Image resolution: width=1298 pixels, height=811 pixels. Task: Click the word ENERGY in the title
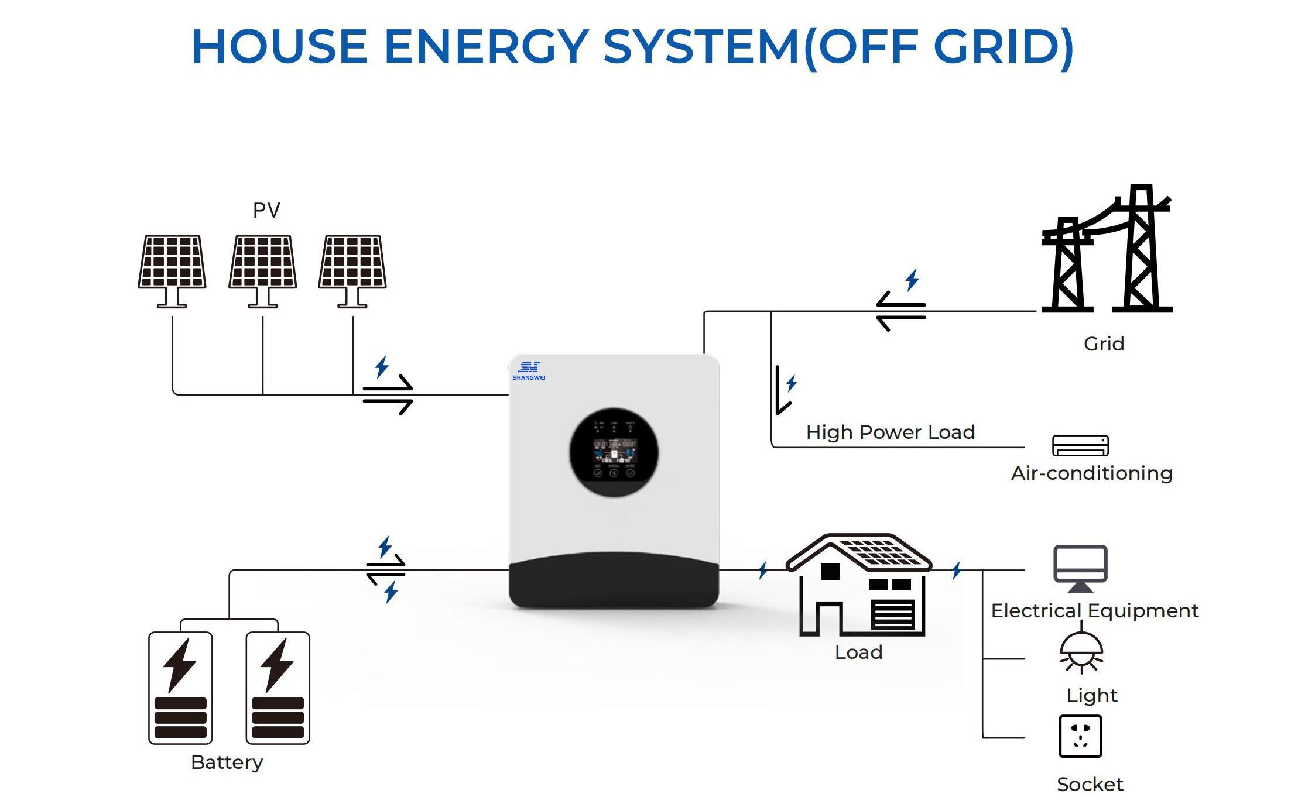tap(486, 47)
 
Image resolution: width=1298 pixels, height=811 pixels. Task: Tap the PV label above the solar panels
tap(266, 210)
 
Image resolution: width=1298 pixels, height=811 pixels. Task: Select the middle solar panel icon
tap(263, 270)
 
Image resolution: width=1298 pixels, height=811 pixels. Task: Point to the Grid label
tap(1104, 343)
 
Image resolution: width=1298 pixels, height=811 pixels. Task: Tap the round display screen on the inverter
tap(614, 452)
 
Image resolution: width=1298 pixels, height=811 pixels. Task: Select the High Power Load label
tap(890, 432)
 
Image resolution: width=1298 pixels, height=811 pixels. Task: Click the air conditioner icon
tap(1080, 445)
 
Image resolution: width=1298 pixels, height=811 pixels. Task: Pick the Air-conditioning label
tap(1092, 473)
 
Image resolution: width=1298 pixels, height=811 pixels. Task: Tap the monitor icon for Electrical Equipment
tap(1080, 568)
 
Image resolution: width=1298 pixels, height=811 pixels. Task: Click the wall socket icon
tap(1080, 736)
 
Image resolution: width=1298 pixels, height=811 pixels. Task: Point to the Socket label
tap(1090, 784)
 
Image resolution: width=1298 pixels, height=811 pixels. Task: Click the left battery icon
tap(180, 688)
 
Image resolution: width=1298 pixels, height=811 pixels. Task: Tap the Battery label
tap(227, 762)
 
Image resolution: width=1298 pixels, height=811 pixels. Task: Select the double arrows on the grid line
tap(900, 311)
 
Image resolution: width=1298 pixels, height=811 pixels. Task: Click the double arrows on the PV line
tap(388, 394)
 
